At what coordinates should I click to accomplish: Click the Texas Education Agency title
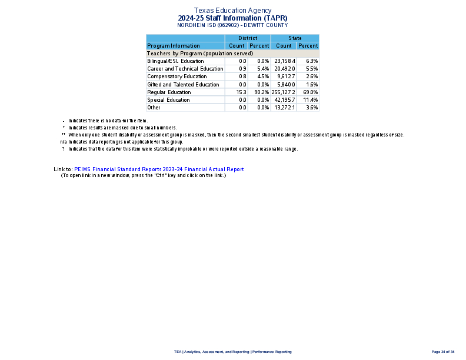[232, 11]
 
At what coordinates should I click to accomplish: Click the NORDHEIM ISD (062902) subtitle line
[232, 25]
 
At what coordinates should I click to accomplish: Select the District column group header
[248, 38]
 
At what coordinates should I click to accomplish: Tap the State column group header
[295, 38]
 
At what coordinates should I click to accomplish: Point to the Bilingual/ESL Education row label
[175, 61]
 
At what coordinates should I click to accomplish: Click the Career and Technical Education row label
[185, 69]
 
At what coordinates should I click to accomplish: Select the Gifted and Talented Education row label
[183, 85]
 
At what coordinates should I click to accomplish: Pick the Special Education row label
[168, 100]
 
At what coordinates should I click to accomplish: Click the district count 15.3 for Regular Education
[241, 92]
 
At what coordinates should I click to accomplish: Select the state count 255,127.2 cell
[284, 92]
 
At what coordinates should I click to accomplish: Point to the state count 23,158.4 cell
[285, 61]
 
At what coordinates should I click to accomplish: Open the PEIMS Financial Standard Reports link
[159, 169]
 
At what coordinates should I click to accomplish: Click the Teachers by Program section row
[200, 54]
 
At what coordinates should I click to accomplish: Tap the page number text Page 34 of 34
[443, 352]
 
